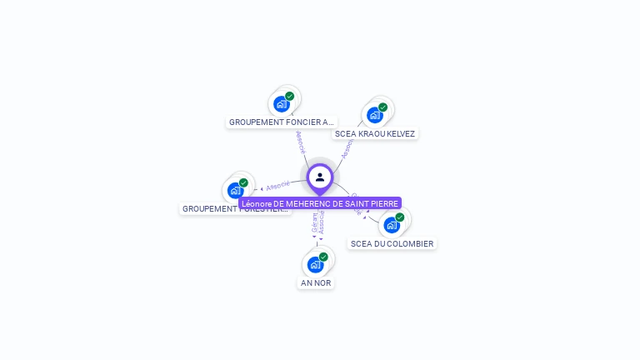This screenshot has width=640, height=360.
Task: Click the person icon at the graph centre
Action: click(320, 177)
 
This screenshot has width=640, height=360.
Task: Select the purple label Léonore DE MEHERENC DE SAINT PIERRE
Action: click(320, 203)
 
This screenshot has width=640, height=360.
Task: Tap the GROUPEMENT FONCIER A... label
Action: click(282, 122)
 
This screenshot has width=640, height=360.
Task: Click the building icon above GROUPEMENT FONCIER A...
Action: click(282, 104)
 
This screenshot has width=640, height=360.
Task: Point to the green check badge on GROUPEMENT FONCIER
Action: click(290, 96)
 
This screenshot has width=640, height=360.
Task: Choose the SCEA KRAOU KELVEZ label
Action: click(374, 133)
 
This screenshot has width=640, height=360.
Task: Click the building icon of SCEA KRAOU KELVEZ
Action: click(375, 115)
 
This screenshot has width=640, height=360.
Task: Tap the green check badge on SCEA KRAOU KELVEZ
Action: click(383, 107)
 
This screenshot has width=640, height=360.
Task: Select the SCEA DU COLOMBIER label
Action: click(392, 244)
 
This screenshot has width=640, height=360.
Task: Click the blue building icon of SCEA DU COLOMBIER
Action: click(392, 225)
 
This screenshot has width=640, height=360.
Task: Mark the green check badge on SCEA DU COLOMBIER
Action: click(400, 217)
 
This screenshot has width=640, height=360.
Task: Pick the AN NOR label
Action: click(316, 283)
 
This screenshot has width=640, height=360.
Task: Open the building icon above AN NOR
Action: click(315, 265)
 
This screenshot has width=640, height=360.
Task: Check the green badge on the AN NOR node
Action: click(323, 257)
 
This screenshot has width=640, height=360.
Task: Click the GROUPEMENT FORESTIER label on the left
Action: click(235, 209)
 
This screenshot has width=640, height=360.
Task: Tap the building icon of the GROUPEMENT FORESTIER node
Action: click(236, 191)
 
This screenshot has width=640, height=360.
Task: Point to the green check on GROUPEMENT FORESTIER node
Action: click(244, 182)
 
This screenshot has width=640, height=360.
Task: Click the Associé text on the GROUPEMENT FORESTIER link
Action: click(278, 185)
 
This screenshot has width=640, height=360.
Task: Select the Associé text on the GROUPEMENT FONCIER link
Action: click(301, 142)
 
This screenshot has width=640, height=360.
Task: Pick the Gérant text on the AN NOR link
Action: click(314, 223)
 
